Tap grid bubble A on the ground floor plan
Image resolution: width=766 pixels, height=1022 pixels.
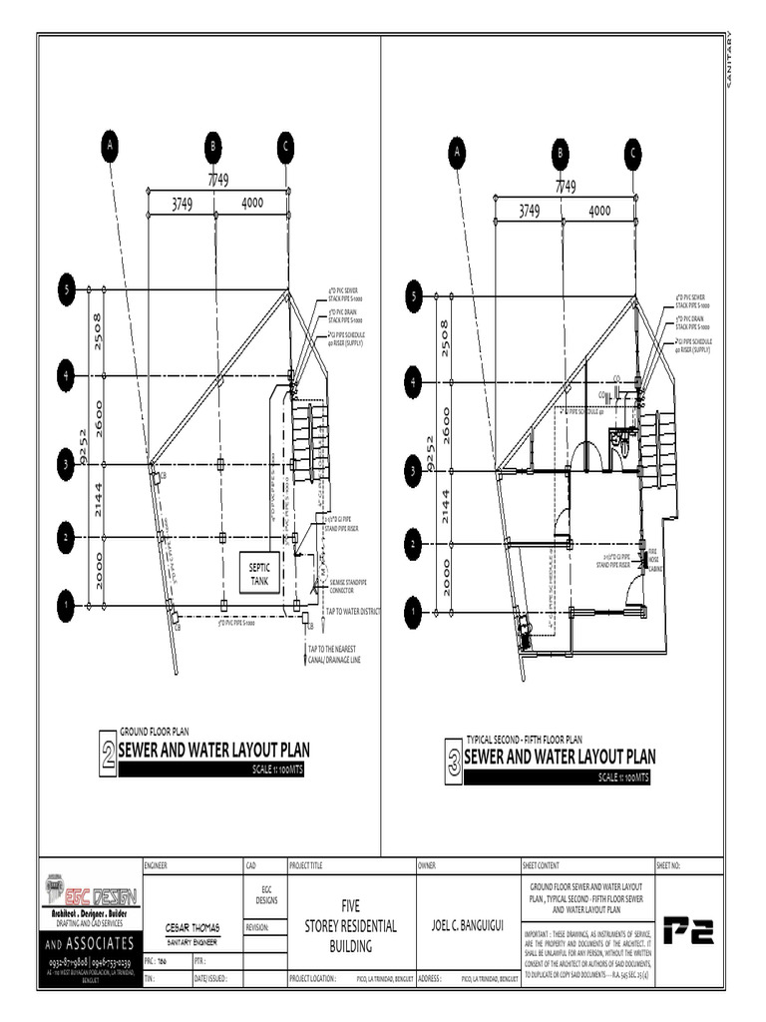pyautogui.click(x=112, y=146)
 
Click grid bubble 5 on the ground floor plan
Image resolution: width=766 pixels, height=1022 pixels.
pyautogui.click(x=66, y=290)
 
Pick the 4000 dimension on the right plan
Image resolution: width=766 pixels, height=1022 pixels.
pyautogui.click(x=599, y=211)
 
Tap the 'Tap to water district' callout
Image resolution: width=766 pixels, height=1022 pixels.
pyautogui.click(x=351, y=611)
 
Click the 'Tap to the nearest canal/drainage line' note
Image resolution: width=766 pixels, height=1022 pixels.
pyautogui.click(x=341, y=655)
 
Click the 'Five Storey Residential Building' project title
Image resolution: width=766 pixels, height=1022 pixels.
pyautogui.click(x=349, y=926)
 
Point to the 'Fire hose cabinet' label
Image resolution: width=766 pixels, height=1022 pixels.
pyautogui.click(x=654, y=552)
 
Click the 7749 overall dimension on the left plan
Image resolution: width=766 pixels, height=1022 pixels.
pyautogui.click(x=217, y=180)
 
